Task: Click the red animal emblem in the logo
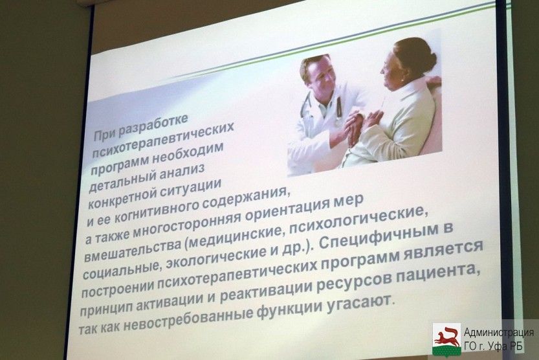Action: coord(446,337)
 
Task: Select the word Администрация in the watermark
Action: coord(499,332)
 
